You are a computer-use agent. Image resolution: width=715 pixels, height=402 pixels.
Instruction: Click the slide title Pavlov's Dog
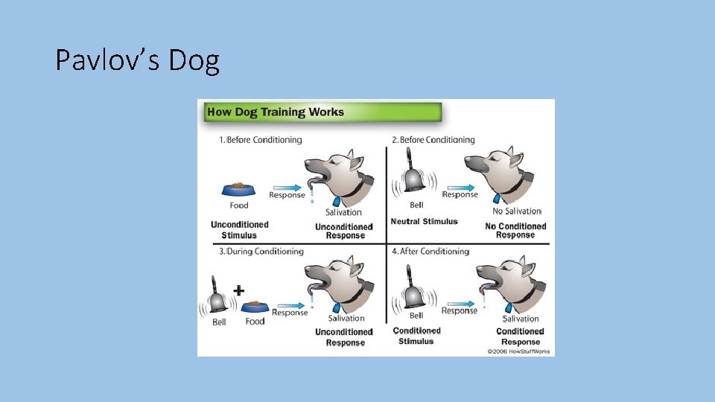tap(137, 60)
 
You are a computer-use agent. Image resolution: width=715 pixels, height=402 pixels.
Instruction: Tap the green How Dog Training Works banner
tap(322, 112)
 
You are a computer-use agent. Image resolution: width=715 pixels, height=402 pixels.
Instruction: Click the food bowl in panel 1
tap(238, 189)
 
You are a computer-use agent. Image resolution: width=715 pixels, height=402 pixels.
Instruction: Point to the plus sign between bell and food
tap(239, 290)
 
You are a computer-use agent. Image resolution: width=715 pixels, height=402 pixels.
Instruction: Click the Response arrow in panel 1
tap(287, 188)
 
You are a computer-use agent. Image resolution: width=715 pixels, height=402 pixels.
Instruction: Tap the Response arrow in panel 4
tap(461, 304)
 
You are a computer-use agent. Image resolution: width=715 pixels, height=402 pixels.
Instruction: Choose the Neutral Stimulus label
tap(424, 222)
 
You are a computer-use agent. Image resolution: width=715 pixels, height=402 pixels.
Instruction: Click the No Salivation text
tap(517, 211)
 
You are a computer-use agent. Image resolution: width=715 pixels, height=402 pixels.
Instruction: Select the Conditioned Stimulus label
tap(416, 336)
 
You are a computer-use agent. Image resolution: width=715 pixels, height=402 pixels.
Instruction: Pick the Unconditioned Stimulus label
tap(239, 230)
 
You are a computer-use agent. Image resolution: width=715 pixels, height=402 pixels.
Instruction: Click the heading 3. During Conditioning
tap(261, 251)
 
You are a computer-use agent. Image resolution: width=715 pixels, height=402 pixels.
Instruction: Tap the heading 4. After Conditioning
tap(430, 251)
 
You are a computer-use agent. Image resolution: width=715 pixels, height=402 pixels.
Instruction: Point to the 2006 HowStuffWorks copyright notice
tap(518, 351)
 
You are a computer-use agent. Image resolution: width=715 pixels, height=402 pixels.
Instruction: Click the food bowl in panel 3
tap(255, 307)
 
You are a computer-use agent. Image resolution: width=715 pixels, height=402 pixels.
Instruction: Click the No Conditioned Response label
tap(515, 231)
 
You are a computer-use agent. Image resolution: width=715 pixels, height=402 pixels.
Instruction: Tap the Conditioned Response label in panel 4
tap(521, 336)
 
